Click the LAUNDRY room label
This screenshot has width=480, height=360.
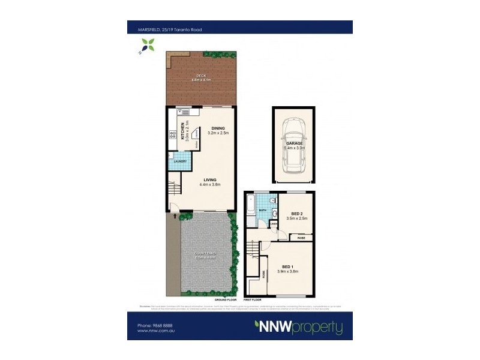coord(180,161)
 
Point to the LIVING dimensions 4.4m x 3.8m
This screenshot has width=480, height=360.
coord(210,185)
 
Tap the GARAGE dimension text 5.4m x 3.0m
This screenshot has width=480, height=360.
coord(295,148)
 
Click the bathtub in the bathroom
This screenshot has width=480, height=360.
coord(250,209)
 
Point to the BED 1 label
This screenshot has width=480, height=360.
coord(289,266)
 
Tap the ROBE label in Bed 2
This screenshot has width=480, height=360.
coord(301,238)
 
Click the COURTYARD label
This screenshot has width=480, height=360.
coord(205,253)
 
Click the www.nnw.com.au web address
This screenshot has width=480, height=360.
coord(153,331)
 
